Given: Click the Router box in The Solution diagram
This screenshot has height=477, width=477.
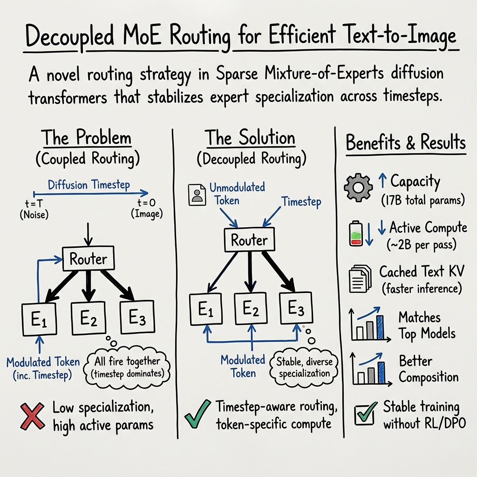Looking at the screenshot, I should [x=250, y=240].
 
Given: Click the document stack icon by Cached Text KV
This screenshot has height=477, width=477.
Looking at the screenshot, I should [x=359, y=279].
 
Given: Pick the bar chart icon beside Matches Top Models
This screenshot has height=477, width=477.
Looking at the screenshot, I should [x=366, y=325].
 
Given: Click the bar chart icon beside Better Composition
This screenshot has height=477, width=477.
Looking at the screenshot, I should [x=366, y=369].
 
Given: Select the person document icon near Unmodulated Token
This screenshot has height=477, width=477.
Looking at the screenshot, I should [x=197, y=195].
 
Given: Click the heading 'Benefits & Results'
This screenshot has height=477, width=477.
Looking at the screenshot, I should [x=405, y=143].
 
